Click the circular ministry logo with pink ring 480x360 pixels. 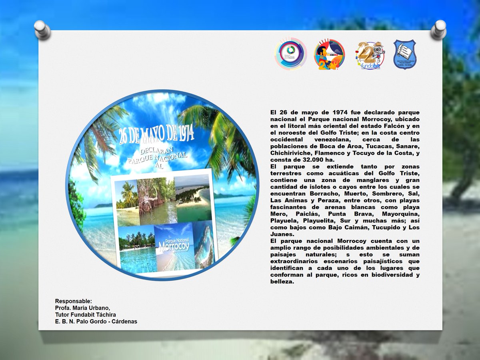(x=291, y=54)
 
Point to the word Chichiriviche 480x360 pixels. (x=291, y=152)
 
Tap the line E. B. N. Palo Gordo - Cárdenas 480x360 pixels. (x=96, y=321)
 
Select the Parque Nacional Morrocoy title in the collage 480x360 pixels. (x=173, y=244)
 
